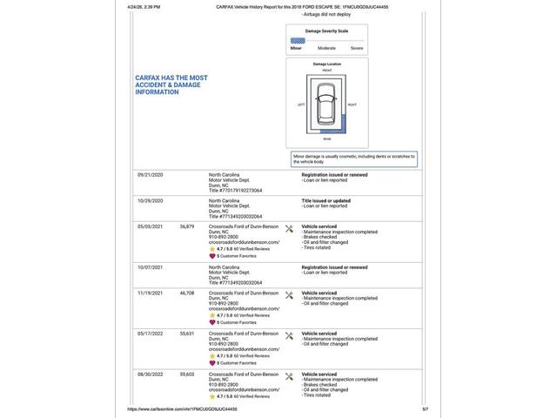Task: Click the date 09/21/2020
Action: (x=151, y=174)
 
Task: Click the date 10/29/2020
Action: (x=151, y=200)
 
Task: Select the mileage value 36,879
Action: (x=187, y=226)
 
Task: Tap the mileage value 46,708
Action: (x=187, y=293)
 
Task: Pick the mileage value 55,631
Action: (x=187, y=334)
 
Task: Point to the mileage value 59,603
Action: (x=187, y=374)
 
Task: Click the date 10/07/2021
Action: (x=151, y=266)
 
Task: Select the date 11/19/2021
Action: (x=151, y=293)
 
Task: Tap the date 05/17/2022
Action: (x=151, y=334)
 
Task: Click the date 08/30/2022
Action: (x=151, y=374)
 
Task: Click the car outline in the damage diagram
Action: (x=326, y=107)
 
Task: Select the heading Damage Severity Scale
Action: (x=326, y=30)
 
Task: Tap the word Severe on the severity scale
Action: (x=357, y=48)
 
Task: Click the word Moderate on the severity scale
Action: (x=326, y=48)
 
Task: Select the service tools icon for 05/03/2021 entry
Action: (x=289, y=228)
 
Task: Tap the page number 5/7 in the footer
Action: (x=426, y=408)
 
